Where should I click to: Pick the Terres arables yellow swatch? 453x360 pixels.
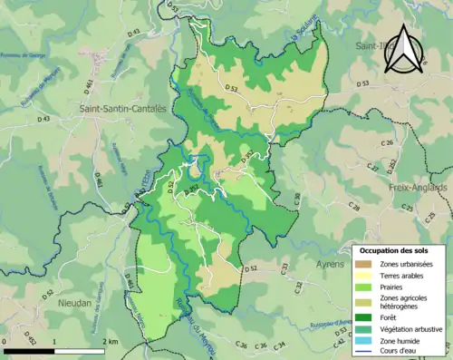[x=363, y=275]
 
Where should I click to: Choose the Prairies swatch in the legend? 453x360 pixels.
[x=363, y=287]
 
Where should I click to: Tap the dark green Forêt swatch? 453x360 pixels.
[x=363, y=317]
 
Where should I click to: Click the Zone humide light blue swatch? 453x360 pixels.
[x=363, y=341]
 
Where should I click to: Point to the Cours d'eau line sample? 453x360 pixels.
[x=363, y=353]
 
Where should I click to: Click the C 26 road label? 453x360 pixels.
[x=386, y=143]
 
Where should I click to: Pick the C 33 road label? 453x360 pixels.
[x=284, y=267]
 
